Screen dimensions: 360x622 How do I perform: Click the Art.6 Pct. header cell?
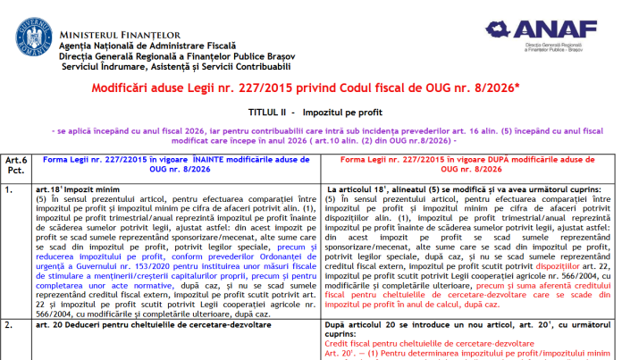[x=13, y=163]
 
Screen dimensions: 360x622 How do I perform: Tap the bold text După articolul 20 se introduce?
[x=393, y=330]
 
